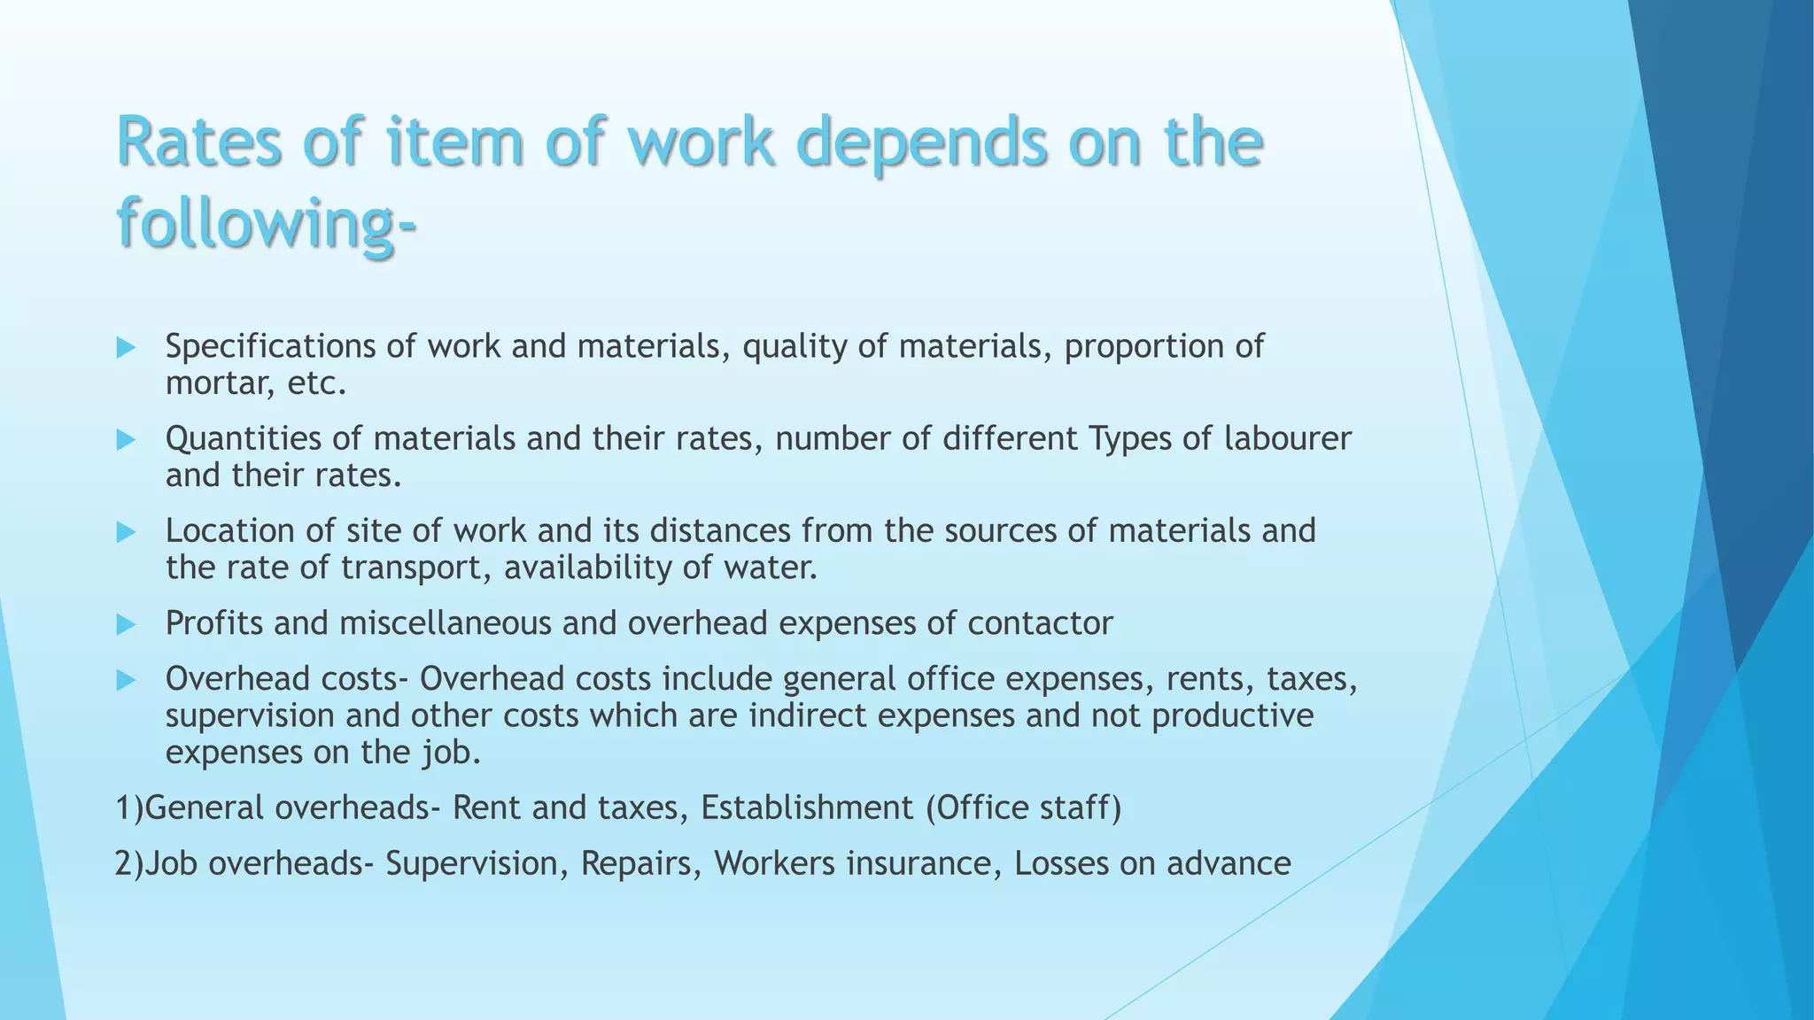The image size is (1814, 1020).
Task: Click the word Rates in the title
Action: click(200, 143)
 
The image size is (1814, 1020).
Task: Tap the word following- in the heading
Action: click(266, 222)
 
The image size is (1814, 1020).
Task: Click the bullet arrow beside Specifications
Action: click(126, 348)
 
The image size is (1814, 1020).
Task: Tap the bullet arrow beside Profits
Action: click(126, 625)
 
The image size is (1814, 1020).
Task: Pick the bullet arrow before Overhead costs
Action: click(126, 680)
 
